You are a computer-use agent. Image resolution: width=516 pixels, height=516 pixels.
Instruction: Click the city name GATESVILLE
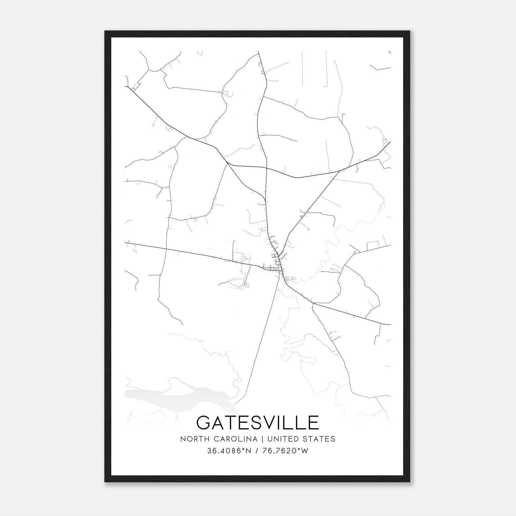tap(258, 422)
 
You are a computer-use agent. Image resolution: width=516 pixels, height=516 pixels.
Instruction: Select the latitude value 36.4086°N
tap(229, 451)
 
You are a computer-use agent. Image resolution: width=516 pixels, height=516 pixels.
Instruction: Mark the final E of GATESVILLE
tap(313, 422)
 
